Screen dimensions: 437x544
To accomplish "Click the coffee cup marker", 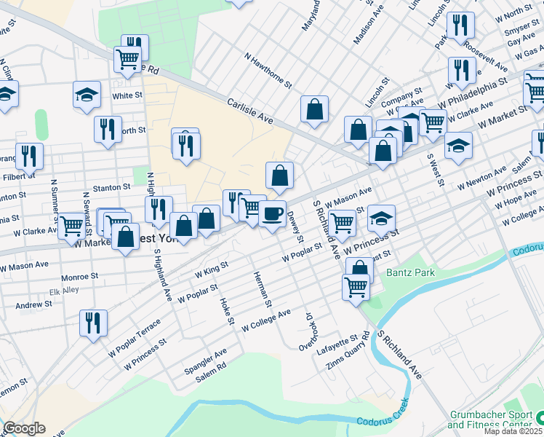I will (x=272, y=214).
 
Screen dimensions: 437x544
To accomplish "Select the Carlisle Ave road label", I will (x=249, y=111).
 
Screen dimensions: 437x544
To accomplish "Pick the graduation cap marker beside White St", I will (x=87, y=95).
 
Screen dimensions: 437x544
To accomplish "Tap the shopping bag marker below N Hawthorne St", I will (x=314, y=110).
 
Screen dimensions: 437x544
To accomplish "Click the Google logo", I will (x=24, y=428).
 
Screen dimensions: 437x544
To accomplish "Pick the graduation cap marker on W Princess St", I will (x=381, y=218).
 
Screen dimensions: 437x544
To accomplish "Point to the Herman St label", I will (x=262, y=289).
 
